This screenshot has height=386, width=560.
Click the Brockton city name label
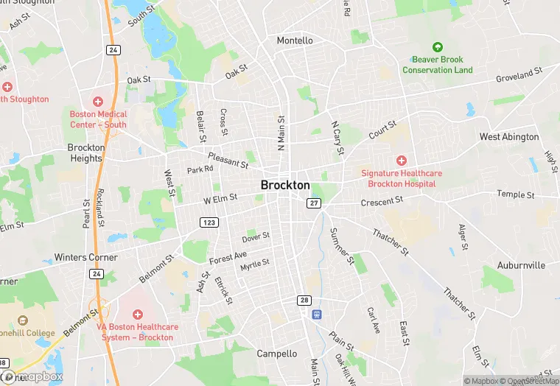pos(285,186)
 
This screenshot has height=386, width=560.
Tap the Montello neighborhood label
pos(295,41)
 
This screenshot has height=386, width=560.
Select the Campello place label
pos(276,354)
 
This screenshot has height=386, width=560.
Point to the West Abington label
pos(509,137)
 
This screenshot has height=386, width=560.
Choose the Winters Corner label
pos(85,258)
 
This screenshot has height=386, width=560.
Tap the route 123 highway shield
pos(209,222)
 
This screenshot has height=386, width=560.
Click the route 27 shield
pos(315,203)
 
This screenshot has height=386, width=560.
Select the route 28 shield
pos(304,300)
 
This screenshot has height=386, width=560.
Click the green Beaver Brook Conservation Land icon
pos(437,47)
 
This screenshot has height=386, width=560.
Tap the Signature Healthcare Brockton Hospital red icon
pos(402,160)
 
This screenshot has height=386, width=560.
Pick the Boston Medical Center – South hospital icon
pos(98,101)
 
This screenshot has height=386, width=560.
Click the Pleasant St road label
pos(228,158)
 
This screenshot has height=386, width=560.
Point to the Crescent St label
pos(382,200)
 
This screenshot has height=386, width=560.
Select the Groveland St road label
pos(519,75)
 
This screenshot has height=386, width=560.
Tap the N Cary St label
pos(337,138)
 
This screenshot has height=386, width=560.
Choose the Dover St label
pos(256,237)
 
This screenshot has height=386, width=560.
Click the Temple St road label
pos(515,194)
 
